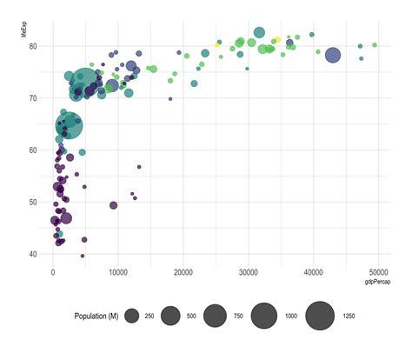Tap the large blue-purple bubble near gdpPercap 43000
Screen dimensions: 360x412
click(x=332, y=55)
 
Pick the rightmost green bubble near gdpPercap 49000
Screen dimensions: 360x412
click(x=375, y=45)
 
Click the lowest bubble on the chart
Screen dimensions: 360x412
click(x=83, y=256)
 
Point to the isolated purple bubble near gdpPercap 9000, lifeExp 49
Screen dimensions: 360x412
click(x=113, y=205)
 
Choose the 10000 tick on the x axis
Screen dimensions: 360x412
click(x=118, y=271)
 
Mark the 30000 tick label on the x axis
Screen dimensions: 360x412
click(x=248, y=271)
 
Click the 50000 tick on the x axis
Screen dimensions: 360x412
click(x=377, y=271)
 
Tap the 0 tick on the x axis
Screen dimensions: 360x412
click(x=54, y=271)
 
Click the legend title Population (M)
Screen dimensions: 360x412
click(x=96, y=316)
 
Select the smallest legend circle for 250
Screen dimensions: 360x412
click(x=134, y=316)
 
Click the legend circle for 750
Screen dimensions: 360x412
click(x=215, y=316)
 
